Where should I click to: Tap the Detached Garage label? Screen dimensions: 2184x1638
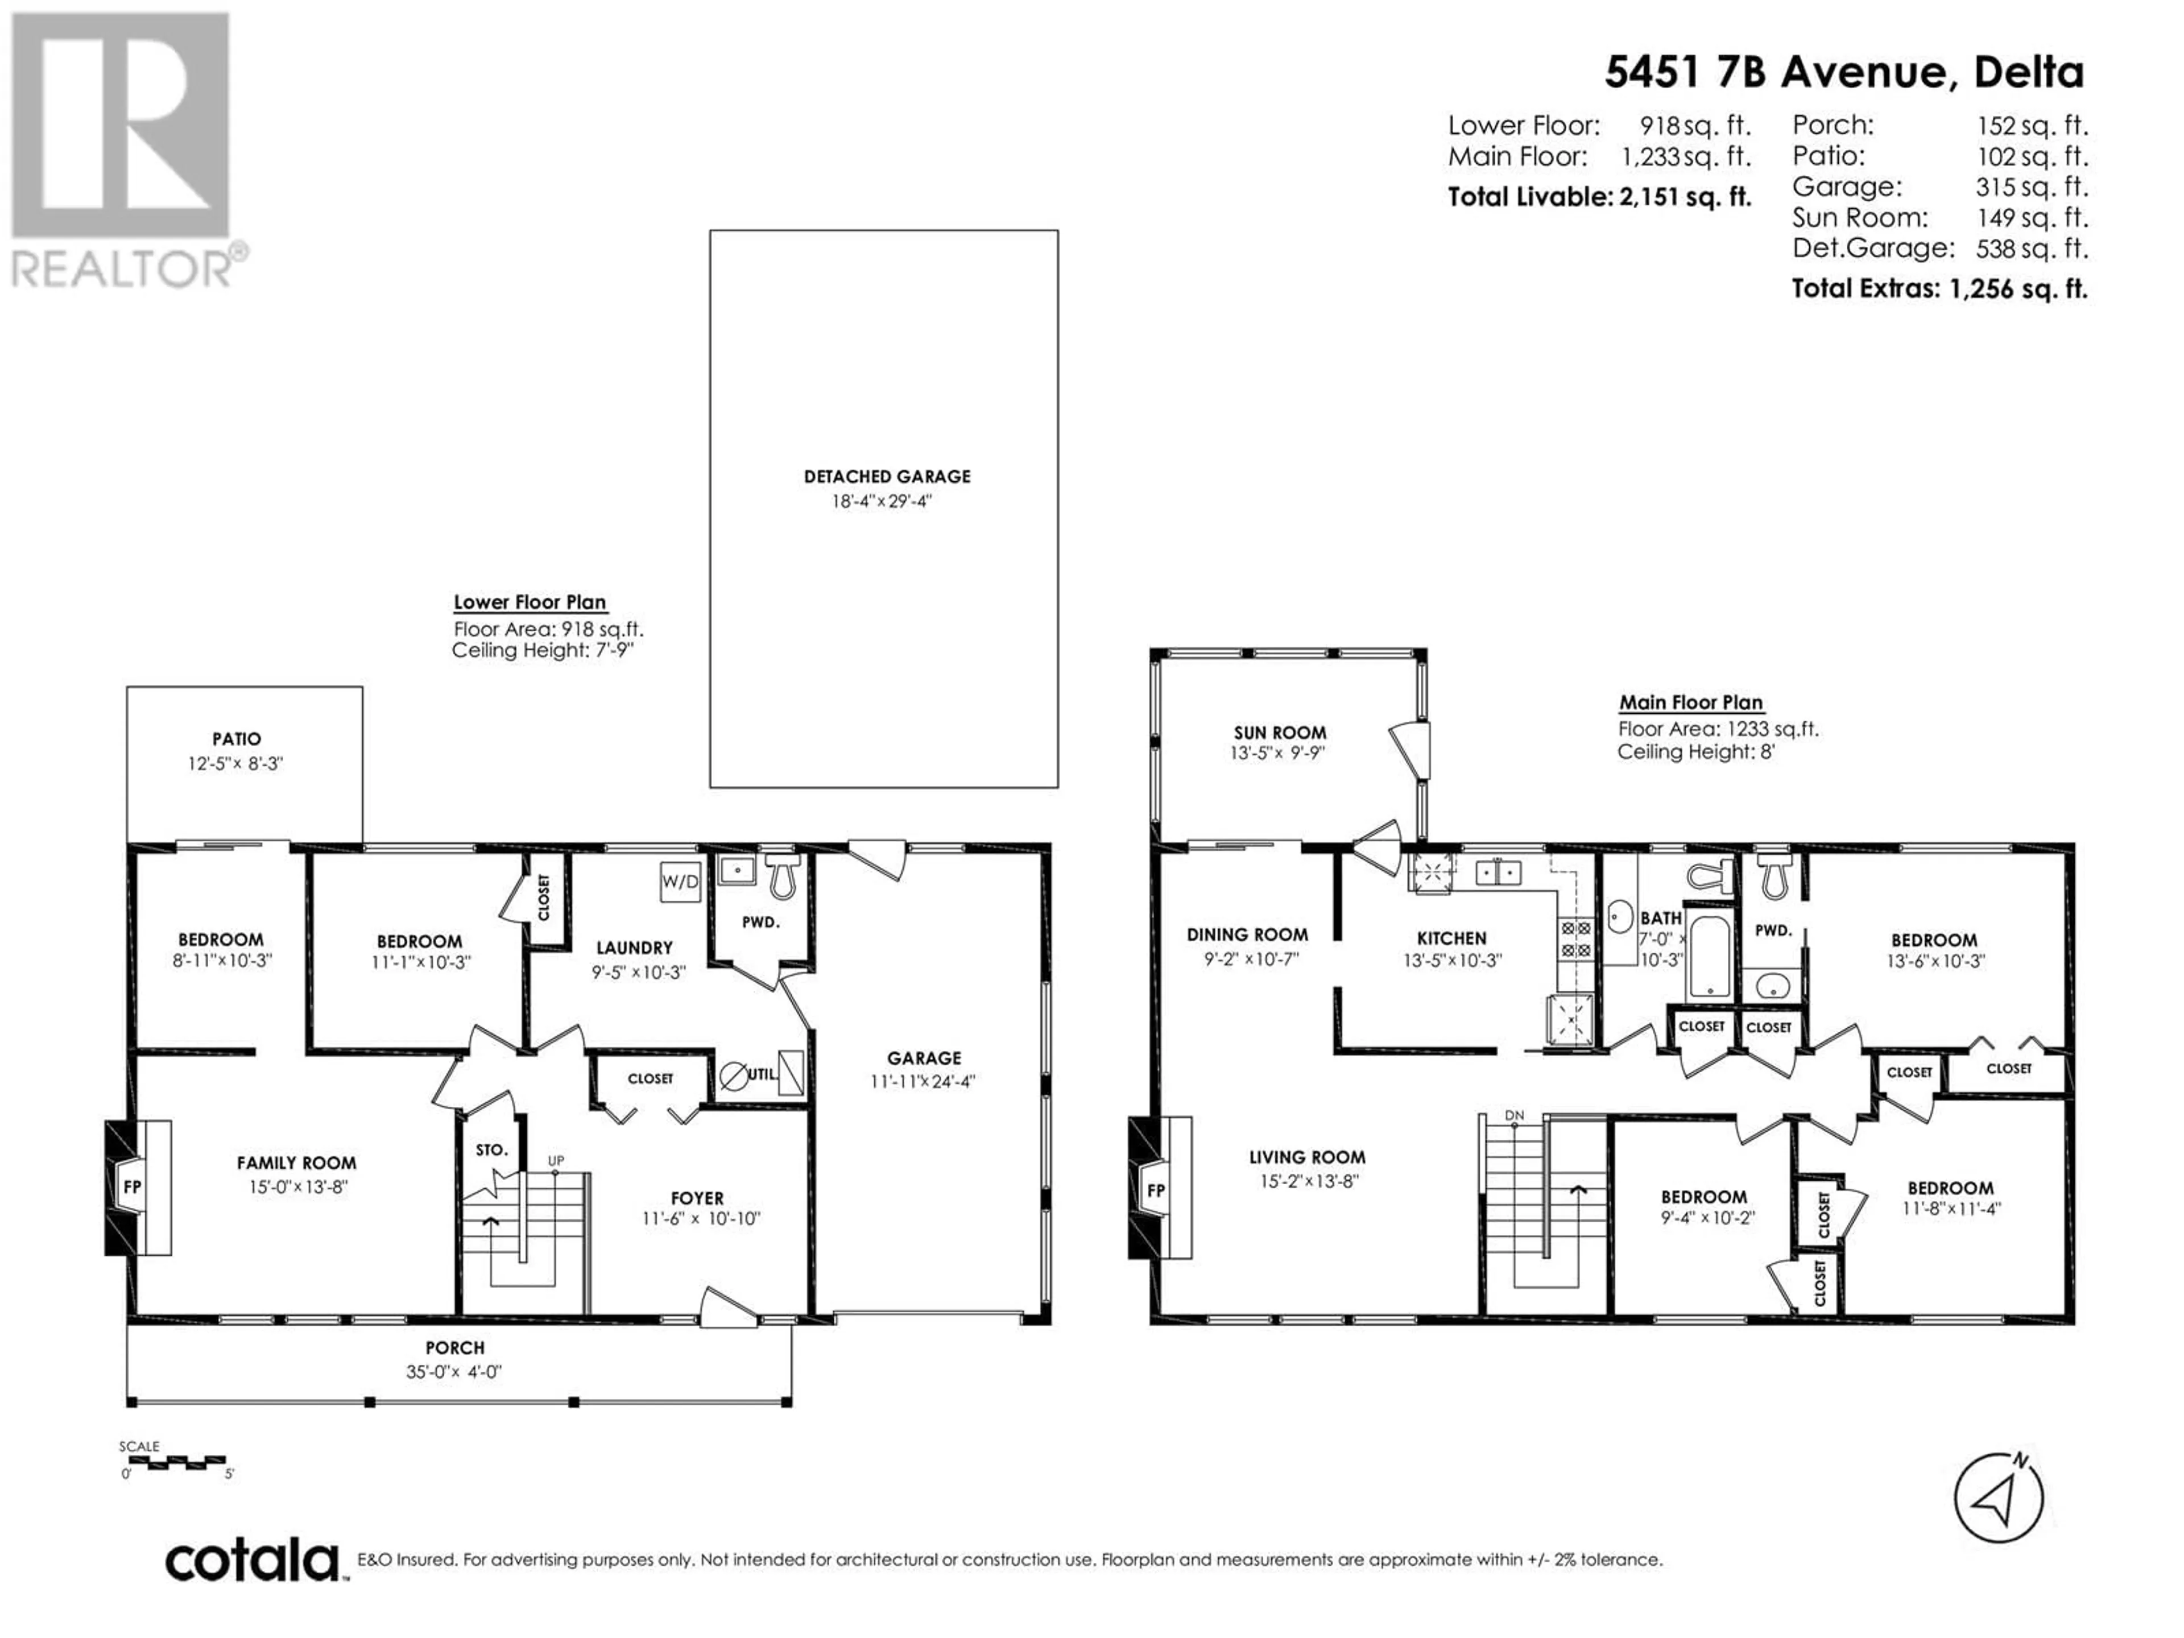887,477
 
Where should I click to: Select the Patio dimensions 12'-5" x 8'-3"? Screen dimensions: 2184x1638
236,763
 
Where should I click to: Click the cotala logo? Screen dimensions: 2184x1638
252,1562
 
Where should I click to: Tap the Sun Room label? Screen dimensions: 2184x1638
1280,733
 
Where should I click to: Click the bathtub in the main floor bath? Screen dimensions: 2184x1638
1709,955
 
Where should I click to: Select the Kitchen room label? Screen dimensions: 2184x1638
1451,938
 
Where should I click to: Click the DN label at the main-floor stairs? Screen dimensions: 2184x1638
1515,1116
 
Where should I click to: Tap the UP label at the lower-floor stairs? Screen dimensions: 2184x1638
556,1161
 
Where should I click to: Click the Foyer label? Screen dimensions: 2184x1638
697,1198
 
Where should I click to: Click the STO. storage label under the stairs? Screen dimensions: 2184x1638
492,1150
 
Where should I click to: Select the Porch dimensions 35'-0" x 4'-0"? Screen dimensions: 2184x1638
454,1371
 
